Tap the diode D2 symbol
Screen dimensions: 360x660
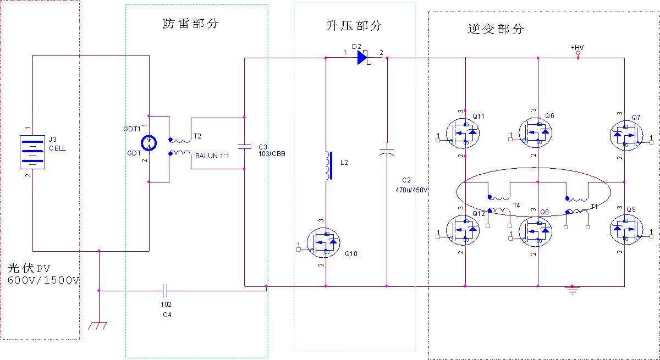(363, 57)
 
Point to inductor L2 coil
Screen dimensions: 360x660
(328, 165)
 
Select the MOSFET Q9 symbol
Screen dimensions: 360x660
(626, 230)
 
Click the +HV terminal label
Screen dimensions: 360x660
(577, 48)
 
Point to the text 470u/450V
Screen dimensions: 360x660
(412, 190)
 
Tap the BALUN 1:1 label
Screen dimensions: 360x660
(212, 156)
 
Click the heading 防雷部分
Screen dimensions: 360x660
(191, 24)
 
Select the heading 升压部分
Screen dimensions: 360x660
(353, 26)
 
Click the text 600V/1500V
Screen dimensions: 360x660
(43, 280)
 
